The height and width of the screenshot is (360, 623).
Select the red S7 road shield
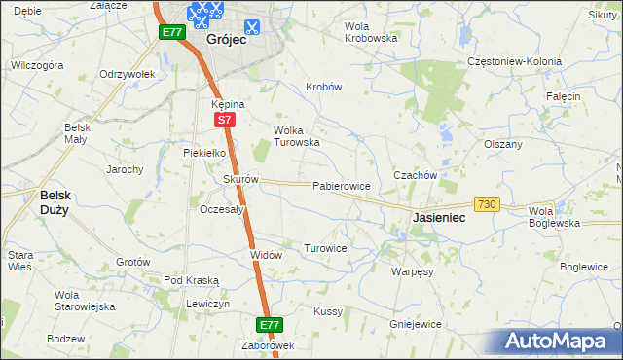click(x=224, y=120)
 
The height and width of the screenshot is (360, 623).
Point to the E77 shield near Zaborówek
click(x=270, y=324)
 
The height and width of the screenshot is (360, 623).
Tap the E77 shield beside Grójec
click(x=172, y=32)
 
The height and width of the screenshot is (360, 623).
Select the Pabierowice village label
click(x=341, y=185)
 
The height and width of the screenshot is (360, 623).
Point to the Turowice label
click(x=325, y=248)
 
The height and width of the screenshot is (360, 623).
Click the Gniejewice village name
click(x=416, y=324)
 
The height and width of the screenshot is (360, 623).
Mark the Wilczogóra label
click(x=37, y=65)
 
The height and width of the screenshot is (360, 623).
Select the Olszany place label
click(x=503, y=143)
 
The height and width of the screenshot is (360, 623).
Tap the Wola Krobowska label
click(x=372, y=32)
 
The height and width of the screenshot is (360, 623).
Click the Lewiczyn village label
click(x=207, y=304)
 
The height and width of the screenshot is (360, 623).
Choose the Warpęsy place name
click(x=412, y=272)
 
